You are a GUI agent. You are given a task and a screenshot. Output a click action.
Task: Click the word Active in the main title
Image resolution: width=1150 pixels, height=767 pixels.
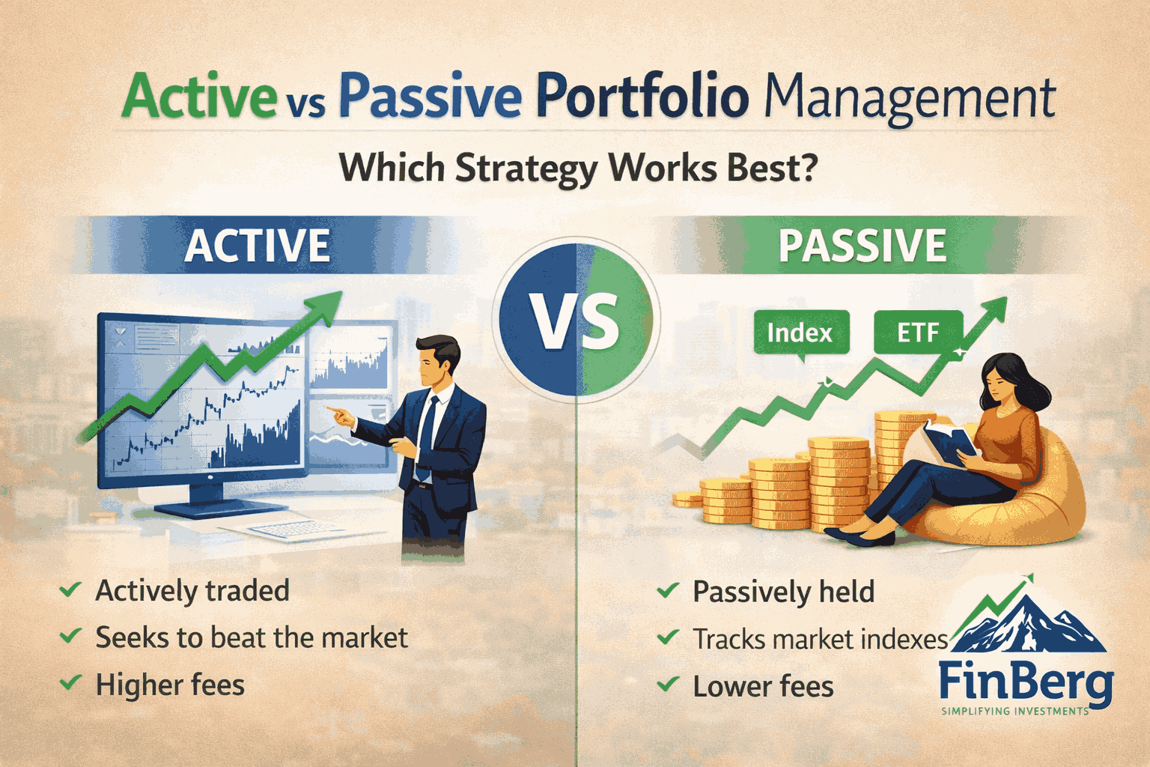pyautogui.click(x=199, y=96)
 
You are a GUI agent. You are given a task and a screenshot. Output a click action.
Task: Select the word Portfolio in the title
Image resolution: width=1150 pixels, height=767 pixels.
pyautogui.click(x=642, y=96)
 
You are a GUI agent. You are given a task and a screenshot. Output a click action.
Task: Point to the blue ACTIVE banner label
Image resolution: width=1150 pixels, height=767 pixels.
pyautogui.click(x=258, y=245)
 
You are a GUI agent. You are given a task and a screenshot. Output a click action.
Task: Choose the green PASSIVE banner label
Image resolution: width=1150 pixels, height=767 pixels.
pyautogui.click(x=862, y=245)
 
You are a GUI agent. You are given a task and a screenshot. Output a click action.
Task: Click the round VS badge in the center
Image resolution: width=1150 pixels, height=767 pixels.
pyautogui.click(x=576, y=319)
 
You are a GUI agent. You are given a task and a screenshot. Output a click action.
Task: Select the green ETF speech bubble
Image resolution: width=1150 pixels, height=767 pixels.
pyautogui.click(x=919, y=333)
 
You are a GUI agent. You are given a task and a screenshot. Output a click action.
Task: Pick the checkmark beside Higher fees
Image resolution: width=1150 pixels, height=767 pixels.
pyautogui.click(x=70, y=683)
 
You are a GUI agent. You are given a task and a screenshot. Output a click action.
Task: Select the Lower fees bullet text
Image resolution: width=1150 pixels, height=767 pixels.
pyautogui.click(x=763, y=686)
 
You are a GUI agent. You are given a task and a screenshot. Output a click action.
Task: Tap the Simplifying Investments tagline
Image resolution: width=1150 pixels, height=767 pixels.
pyautogui.click(x=1015, y=712)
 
